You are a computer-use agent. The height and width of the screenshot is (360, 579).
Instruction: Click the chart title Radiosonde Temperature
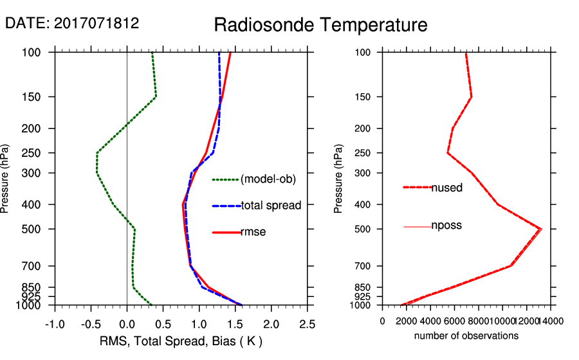320,25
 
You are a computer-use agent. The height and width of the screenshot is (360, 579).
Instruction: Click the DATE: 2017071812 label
72,24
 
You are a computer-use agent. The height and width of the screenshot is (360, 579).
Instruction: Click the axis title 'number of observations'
466,336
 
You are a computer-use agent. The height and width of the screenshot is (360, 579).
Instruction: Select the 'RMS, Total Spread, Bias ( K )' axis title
180,340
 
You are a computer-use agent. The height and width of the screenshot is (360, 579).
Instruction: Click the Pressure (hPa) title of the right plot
339,179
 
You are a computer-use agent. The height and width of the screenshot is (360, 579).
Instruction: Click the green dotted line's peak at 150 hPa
156,97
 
